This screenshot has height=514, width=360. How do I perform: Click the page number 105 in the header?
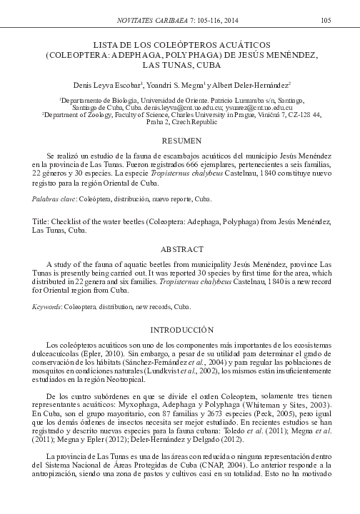(x=325, y=19)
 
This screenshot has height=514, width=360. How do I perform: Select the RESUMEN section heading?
(x=180, y=141)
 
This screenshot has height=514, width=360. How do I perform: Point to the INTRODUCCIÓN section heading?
(x=180, y=330)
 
